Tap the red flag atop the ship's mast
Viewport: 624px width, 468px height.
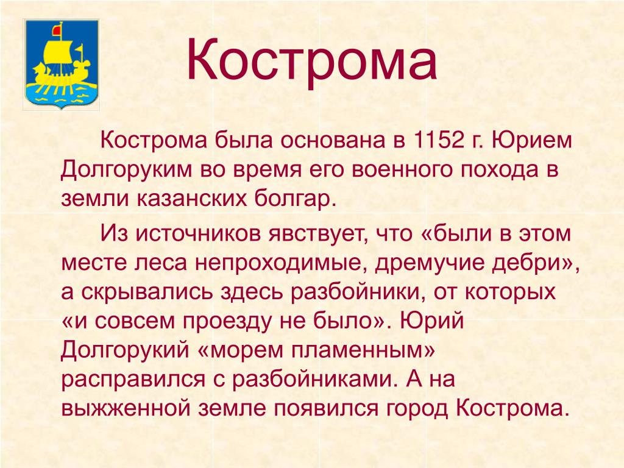tap(57, 30)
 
